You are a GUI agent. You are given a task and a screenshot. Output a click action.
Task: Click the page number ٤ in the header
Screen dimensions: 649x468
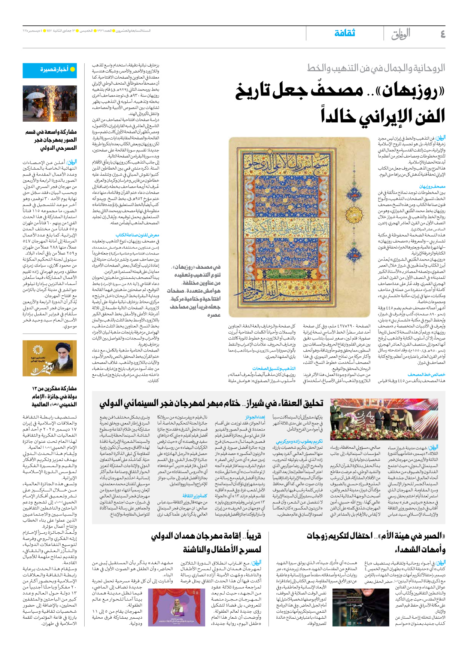[443, 34]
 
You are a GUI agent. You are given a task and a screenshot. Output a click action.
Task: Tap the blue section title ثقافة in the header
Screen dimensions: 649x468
[344, 33]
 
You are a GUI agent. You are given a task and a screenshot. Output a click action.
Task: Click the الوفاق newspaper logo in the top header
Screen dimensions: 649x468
[401, 34]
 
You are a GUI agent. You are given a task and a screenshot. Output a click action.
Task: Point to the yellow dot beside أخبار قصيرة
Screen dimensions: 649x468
[73, 70]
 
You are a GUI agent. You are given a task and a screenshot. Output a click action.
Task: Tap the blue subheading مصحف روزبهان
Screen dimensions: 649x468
[432, 186]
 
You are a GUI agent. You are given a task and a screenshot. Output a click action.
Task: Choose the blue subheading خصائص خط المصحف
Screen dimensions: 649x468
[426, 374]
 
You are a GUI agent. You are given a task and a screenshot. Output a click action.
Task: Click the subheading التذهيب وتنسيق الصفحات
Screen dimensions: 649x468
[274, 369]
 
